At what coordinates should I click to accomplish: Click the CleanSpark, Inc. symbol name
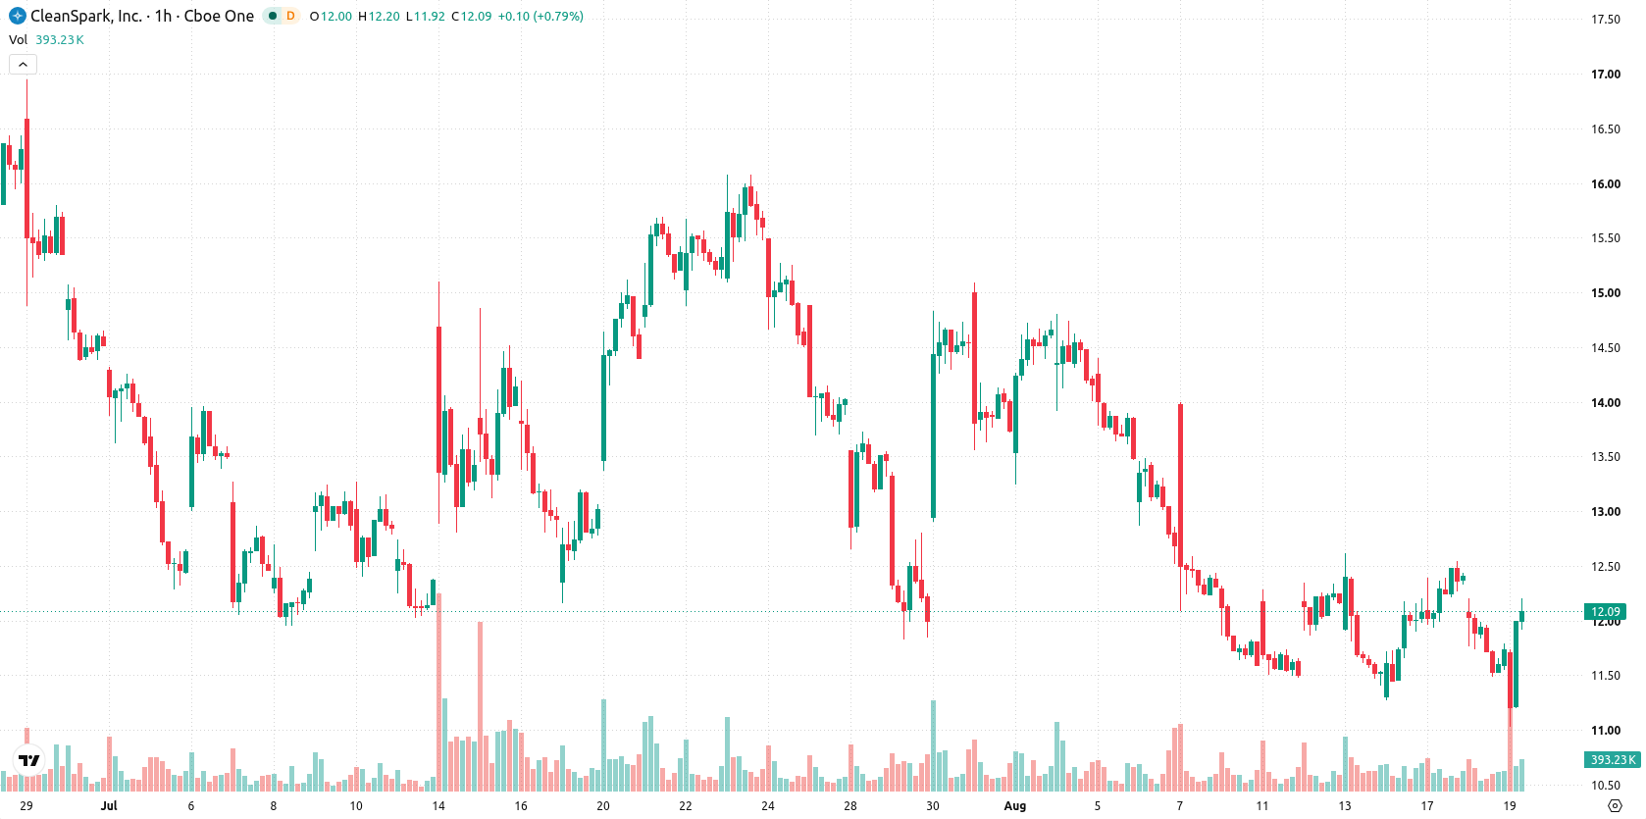coord(86,16)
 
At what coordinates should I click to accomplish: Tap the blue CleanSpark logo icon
coord(17,16)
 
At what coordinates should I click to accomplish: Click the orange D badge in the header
coord(290,16)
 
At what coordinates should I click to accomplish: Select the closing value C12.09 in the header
coord(471,16)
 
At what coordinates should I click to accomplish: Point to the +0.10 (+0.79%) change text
coord(540,16)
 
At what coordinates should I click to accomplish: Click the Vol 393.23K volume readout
coord(46,39)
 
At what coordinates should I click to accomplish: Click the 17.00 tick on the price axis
coord(1606,75)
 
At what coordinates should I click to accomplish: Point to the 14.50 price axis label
coord(1606,347)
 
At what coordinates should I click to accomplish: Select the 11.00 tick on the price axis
coord(1606,730)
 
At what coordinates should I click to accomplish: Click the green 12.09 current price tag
coord(1605,612)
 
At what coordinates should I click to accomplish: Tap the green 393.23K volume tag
coord(1613,759)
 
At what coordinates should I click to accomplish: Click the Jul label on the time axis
coord(109,806)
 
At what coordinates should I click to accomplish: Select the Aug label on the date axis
coord(1015,806)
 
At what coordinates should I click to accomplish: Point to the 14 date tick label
coord(438,806)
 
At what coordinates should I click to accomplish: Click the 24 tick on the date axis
coord(768,806)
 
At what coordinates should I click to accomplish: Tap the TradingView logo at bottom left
coord(29,760)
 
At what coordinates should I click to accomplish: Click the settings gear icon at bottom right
coord(1615,806)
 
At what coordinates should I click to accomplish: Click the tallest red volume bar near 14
coord(439,691)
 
